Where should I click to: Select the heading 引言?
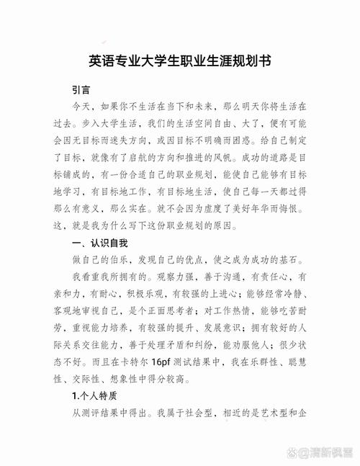pos(81,91)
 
